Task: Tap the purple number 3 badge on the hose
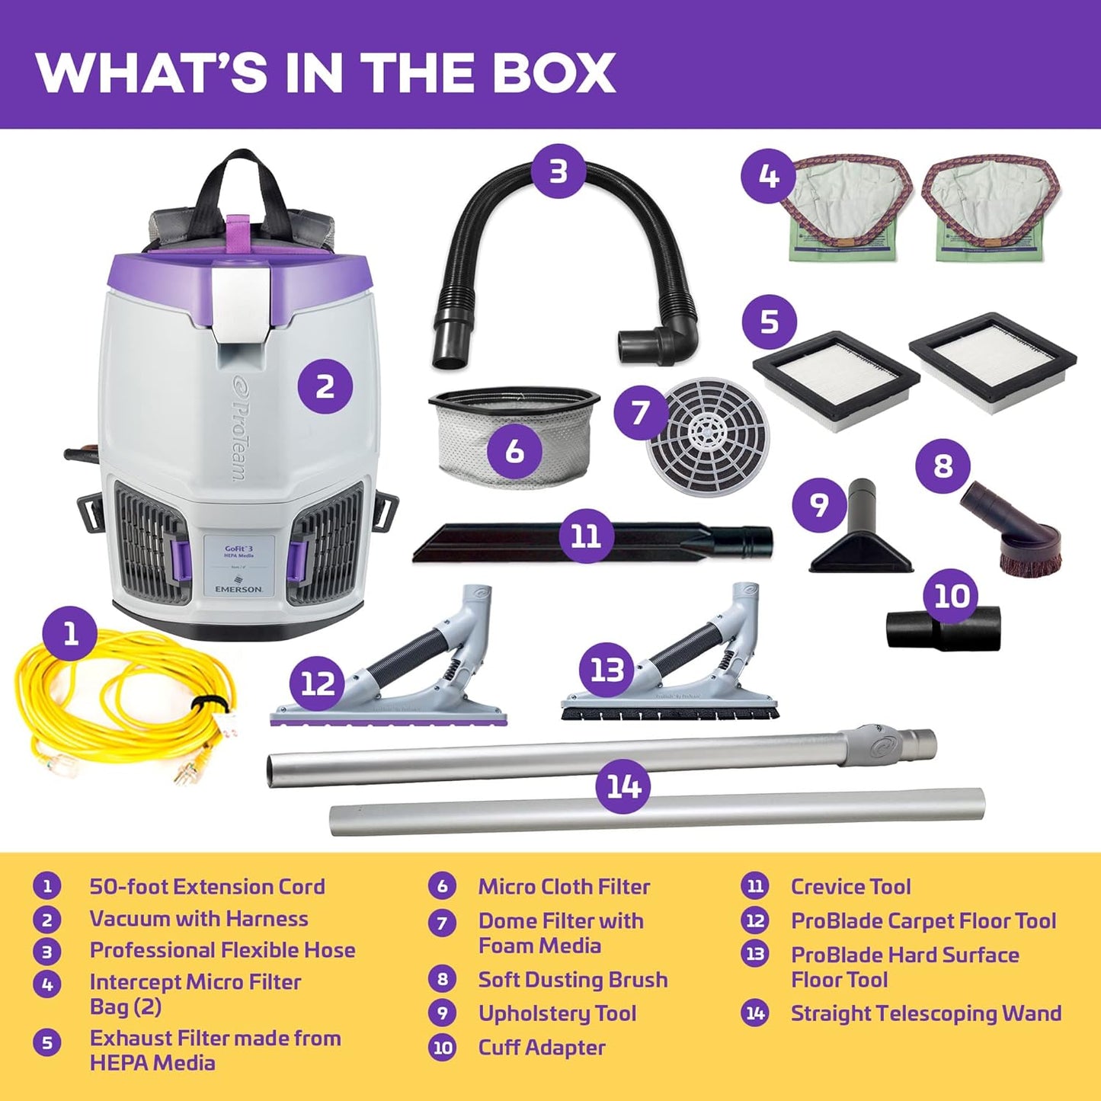pyautogui.click(x=559, y=171)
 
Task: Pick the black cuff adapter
pyautogui.click(x=943, y=629)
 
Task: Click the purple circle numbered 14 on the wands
pyautogui.click(x=624, y=786)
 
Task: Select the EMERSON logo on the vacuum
pyautogui.click(x=238, y=588)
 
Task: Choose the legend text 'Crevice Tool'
pyautogui.click(x=850, y=886)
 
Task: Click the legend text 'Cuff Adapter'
pyautogui.click(x=542, y=1047)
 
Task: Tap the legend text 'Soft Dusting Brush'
pyautogui.click(x=573, y=979)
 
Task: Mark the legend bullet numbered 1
pyautogui.click(x=47, y=886)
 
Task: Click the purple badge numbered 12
pyautogui.click(x=318, y=683)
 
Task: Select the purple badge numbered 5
pyautogui.click(x=770, y=322)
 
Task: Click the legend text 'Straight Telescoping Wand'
pyautogui.click(x=926, y=1013)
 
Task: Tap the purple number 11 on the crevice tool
pyautogui.click(x=586, y=536)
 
